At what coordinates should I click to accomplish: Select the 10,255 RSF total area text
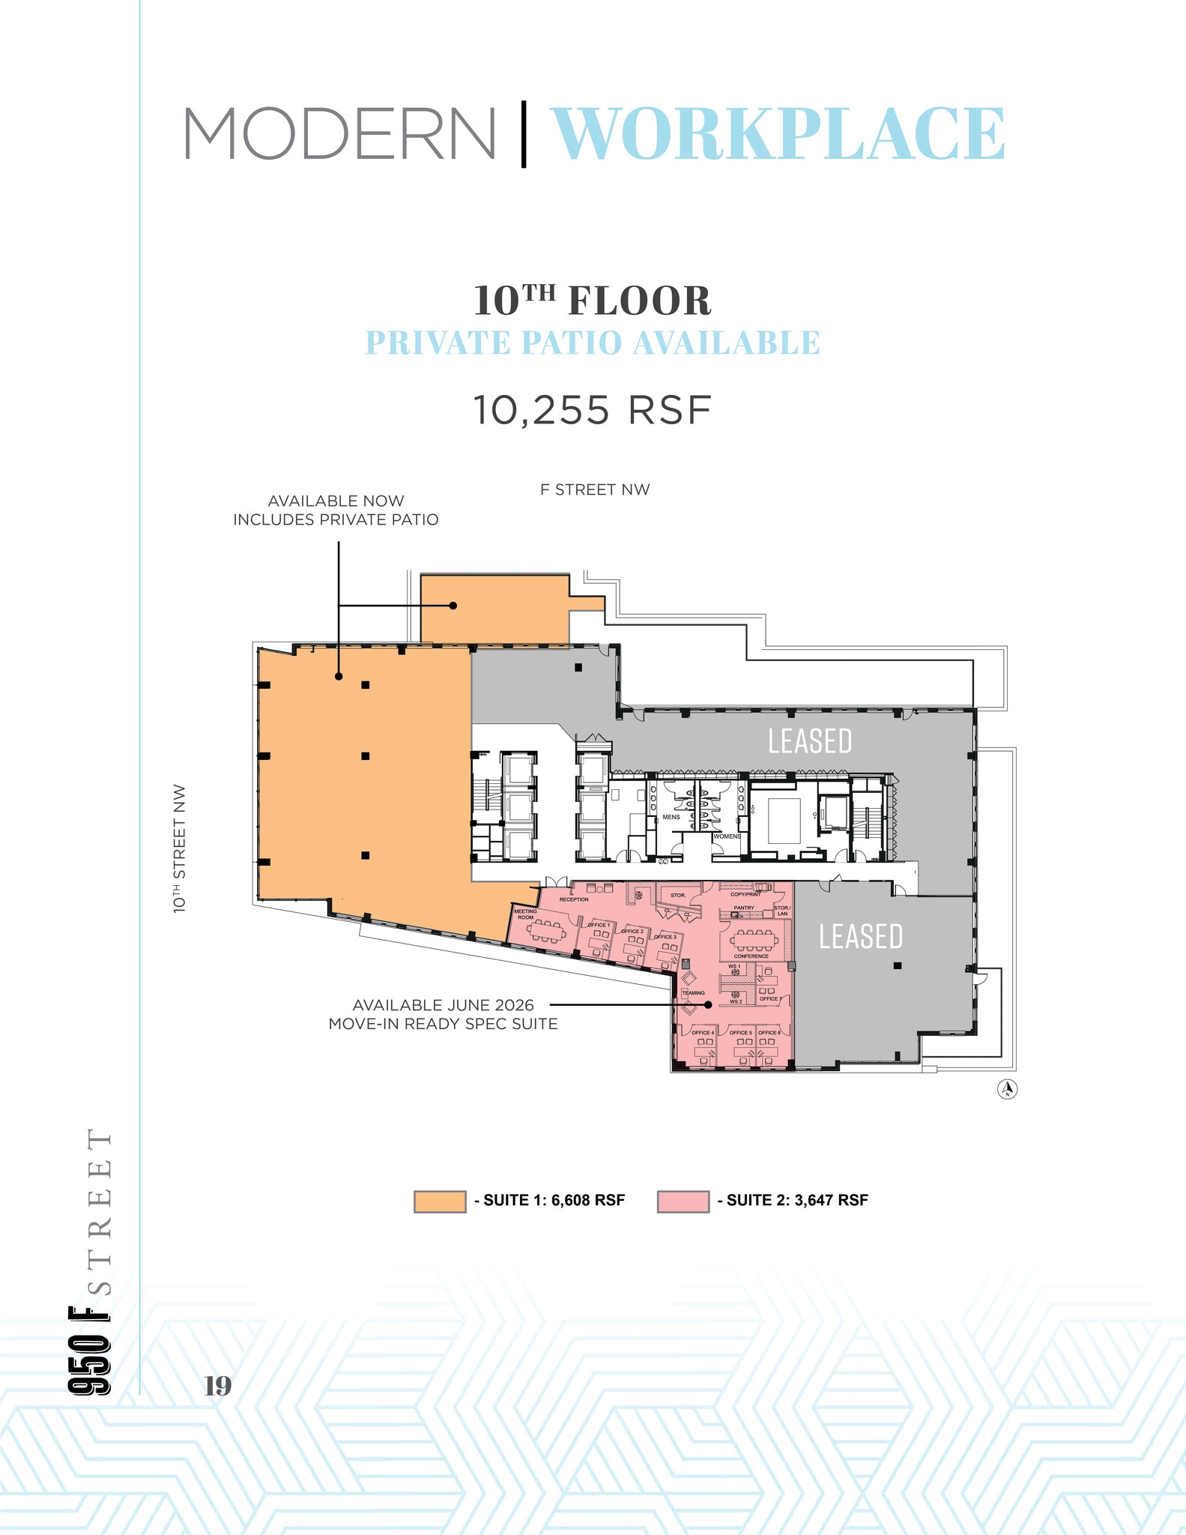(592, 410)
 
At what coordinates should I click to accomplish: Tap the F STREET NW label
(595, 489)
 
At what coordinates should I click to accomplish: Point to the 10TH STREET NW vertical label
(180, 848)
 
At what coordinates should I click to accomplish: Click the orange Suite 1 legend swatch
(440, 1201)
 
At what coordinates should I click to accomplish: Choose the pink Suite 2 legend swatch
(683, 1201)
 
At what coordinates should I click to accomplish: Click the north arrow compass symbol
(1007, 1088)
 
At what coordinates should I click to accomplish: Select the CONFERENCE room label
(751, 956)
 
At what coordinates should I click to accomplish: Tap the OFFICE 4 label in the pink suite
(702, 1033)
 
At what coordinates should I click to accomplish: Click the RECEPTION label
(574, 899)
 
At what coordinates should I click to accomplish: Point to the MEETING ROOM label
(525, 914)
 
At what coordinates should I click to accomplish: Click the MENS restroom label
(671, 817)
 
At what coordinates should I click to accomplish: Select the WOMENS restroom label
(727, 836)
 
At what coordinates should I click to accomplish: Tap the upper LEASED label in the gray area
(810, 741)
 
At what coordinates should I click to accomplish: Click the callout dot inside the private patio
(453, 605)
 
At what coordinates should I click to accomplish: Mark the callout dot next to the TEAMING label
(708, 1004)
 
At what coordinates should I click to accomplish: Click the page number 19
(218, 1386)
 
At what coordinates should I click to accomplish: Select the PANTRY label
(743, 908)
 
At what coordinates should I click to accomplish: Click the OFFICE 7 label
(769, 999)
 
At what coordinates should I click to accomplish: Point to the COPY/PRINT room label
(745, 894)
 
